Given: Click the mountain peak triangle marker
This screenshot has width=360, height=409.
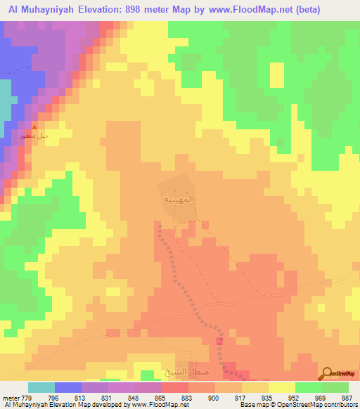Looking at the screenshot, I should click(34, 126).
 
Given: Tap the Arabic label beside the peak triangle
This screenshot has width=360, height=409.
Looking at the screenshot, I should click(33, 136).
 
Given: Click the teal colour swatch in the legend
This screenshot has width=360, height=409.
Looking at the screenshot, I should click(41, 387).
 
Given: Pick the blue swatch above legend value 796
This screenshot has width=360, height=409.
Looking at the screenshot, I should click(68, 387).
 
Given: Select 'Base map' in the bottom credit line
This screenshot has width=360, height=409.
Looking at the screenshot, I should click(251, 405).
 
